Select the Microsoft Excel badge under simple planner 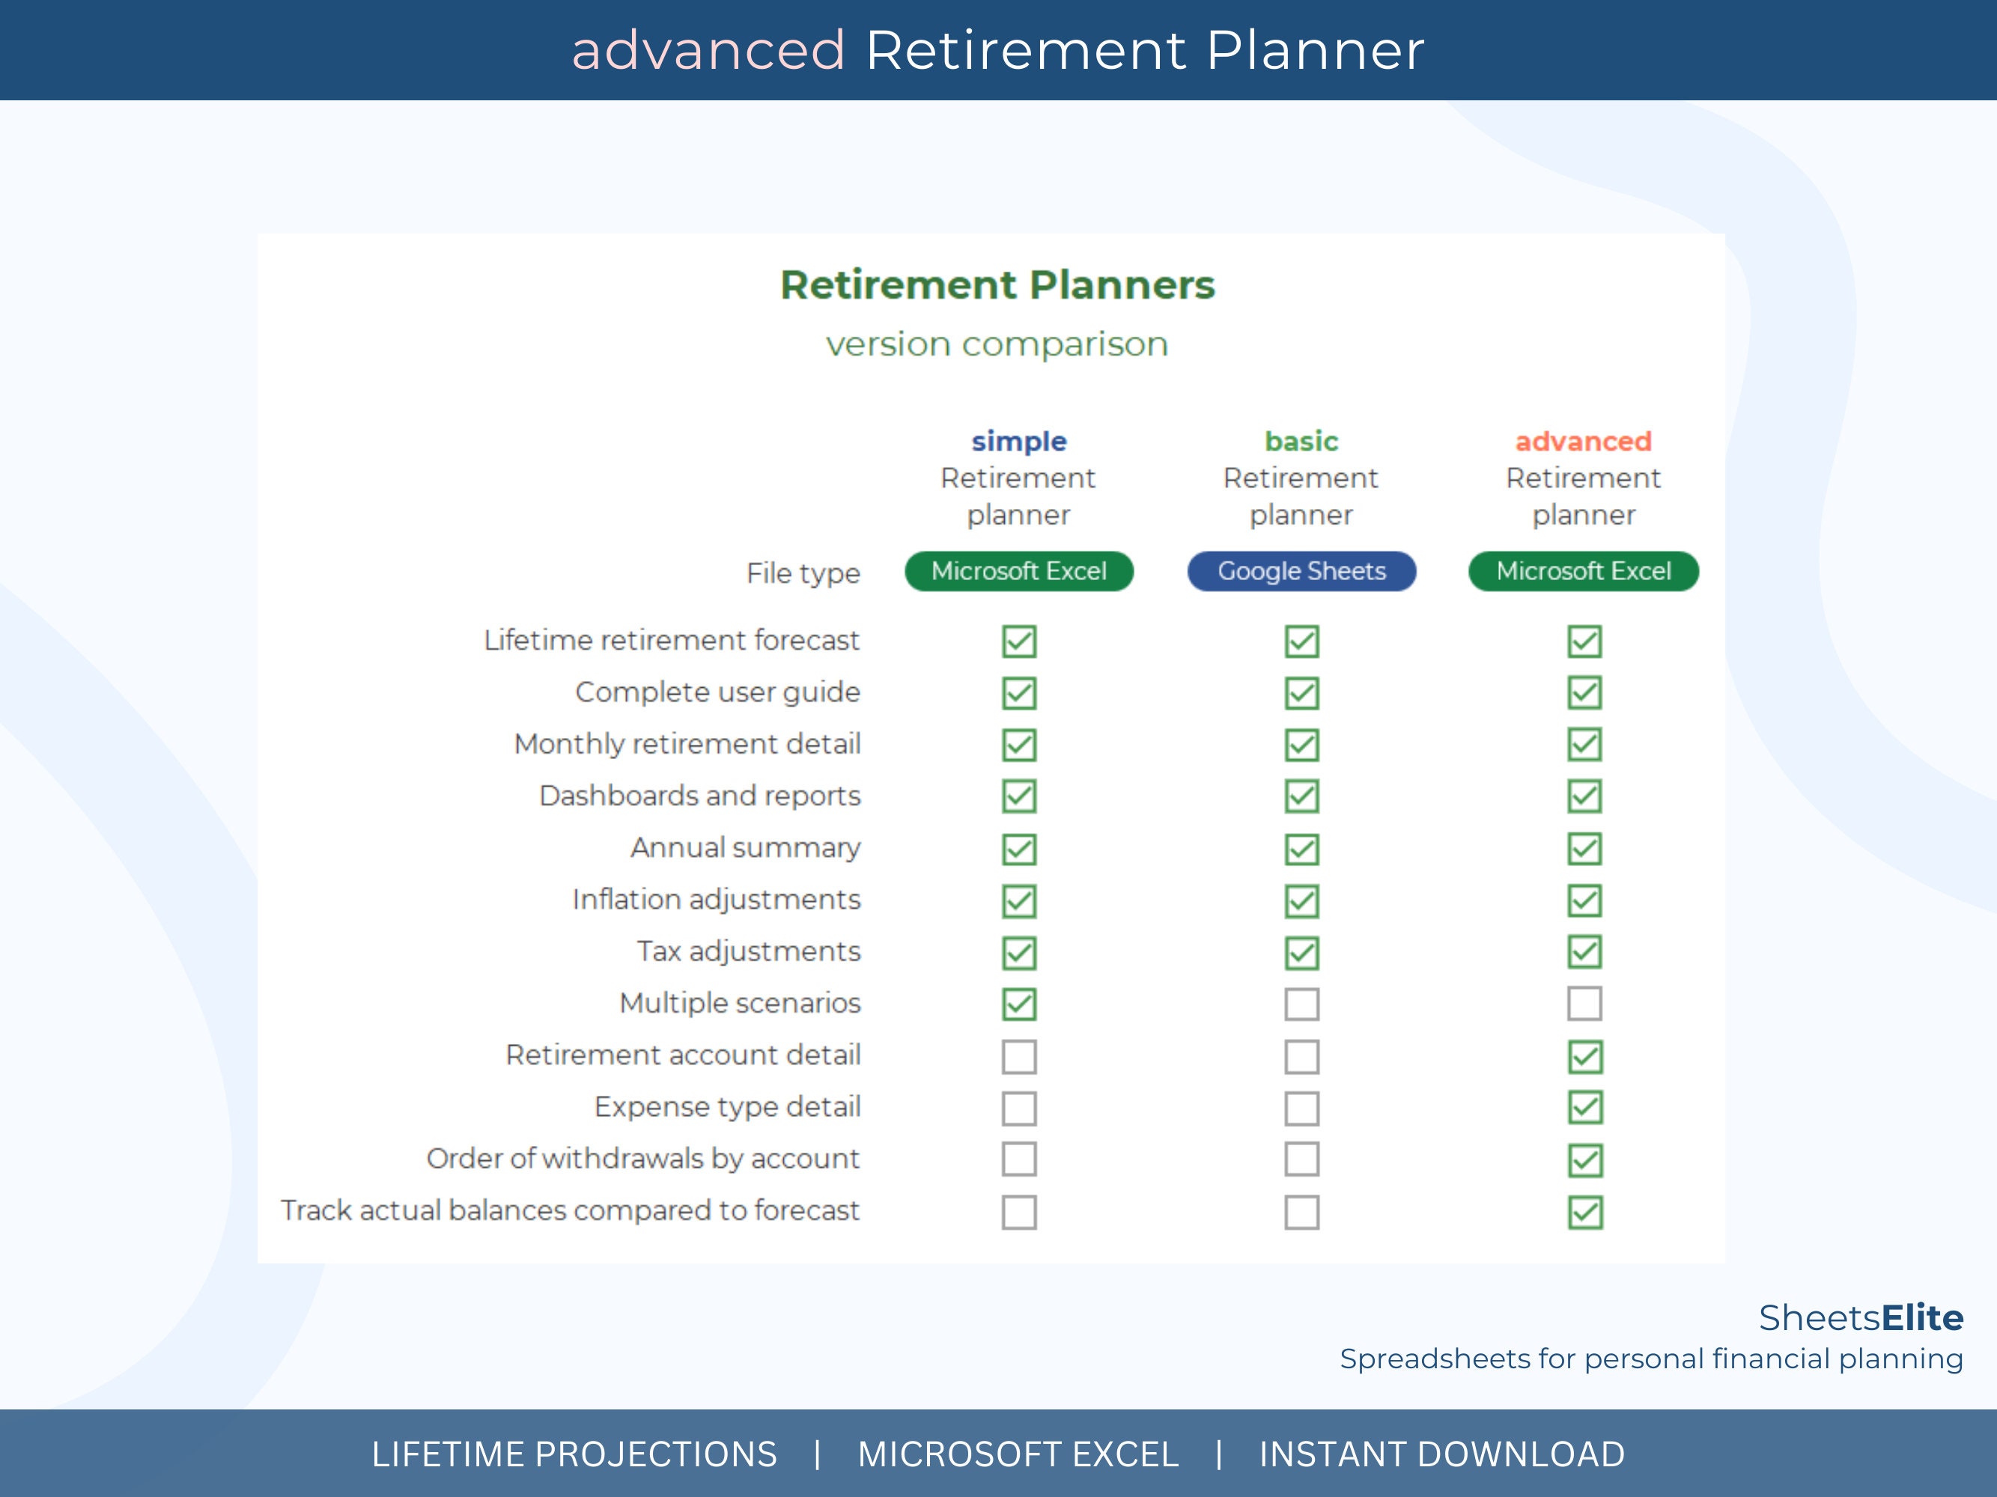tap(1018, 571)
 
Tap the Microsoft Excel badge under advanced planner tap(1584, 571)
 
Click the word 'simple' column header tap(1018, 442)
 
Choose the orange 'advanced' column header tap(1584, 442)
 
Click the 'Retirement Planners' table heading tap(997, 285)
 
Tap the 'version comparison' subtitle tap(997, 344)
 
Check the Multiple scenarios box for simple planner tap(1019, 1004)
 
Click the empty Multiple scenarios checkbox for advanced tap(1584, 1004)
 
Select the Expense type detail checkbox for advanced tap(1584, 1108)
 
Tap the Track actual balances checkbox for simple tap(1019, 1213)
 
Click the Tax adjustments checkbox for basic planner tap(1302, 953)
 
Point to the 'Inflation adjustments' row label tap(716, 900)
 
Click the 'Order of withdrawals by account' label tap(642, 1159)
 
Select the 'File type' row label tap(803, 573)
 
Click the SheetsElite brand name tap(1861, 1317)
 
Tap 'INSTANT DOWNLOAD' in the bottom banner tap(1441, 1454)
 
